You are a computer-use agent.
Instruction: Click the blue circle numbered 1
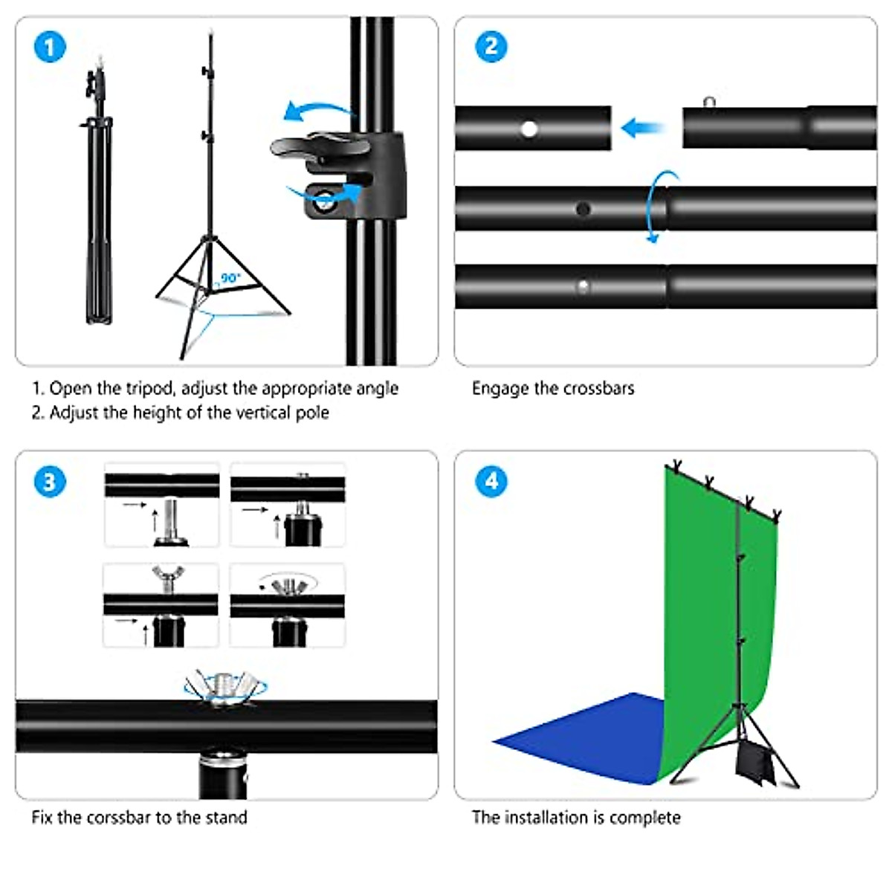click(x=50, y=48)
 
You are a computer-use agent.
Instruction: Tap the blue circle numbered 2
click(x=491, y=46)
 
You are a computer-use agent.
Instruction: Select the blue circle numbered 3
click(x=50, y=482)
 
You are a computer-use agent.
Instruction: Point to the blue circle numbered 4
click(x=491, y=481)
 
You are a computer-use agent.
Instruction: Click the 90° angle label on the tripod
click(x=231, y=278)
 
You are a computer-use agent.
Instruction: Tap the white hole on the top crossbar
click(x=529, y=129)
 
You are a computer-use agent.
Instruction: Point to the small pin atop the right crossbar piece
click(x=710, y=102)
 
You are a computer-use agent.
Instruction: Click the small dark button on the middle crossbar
click(x=583, y=209)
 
